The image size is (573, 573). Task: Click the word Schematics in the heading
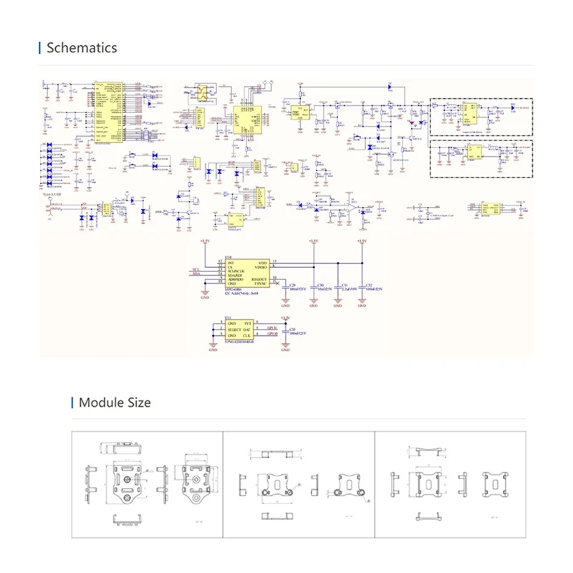pyautogui.click(x=81, y=48)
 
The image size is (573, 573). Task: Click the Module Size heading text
pyautogui.click(x=115, y=403)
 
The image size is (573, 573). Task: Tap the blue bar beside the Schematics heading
pyautogui.click(x=39, y=48)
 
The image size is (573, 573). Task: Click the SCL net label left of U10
pyautogui.click(x=196, y=269)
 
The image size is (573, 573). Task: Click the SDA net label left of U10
pyautogui.click(x=196, y=274)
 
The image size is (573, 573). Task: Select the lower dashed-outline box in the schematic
pyautogui.click(x=481, y=157)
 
